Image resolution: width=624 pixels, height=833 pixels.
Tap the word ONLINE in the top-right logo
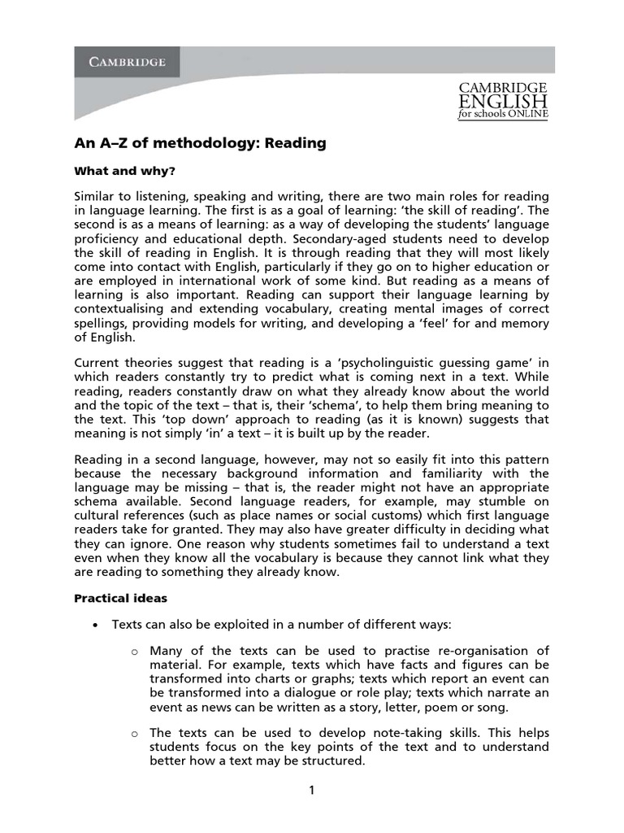pos(526,115)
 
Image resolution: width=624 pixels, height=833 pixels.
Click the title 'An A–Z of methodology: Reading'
pos(200,143)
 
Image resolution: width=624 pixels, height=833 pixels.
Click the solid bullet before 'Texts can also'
pos(96,625)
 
